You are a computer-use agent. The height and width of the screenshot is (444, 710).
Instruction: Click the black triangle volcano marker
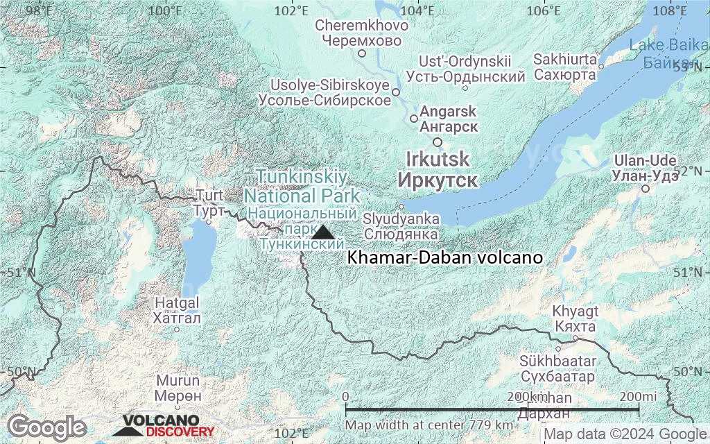pos(322,232)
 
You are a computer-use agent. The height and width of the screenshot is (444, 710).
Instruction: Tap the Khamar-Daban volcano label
pos(444,258)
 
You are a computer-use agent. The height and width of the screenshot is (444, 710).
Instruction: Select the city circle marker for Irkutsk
pos(438,142)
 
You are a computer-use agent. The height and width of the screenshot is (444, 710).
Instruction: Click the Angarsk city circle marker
pos(414,119)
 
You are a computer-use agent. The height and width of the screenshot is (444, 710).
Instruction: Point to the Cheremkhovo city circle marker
pos(362,53)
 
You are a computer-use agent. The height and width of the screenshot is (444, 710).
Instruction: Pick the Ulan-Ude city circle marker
pos(645,188)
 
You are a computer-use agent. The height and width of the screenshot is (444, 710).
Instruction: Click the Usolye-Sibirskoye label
pos(324,92)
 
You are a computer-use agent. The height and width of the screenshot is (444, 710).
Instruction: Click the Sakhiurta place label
pos(565,67)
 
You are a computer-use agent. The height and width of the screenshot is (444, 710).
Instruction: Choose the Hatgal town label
pos(177,311)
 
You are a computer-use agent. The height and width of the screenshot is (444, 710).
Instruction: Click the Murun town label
pos(178,388)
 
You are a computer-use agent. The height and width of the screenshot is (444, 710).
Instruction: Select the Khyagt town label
pos(575,318)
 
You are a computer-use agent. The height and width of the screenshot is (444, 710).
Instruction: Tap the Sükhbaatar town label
pos(558,369)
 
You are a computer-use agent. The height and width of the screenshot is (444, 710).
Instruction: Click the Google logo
pos(46,427)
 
